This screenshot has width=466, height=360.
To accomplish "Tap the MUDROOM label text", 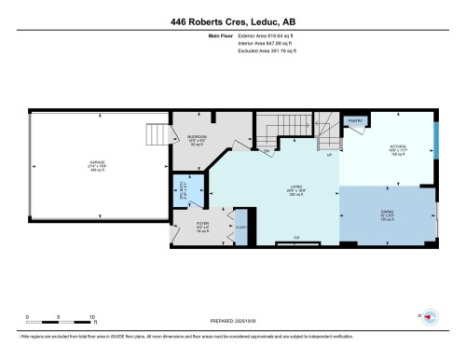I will (x=198, y=137).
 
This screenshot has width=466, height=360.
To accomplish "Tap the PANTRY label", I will (x=355, y=120).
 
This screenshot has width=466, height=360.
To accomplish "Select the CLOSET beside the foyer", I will (x=241, y=227).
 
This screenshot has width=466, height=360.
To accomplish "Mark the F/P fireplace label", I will (x=296, y=239).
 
